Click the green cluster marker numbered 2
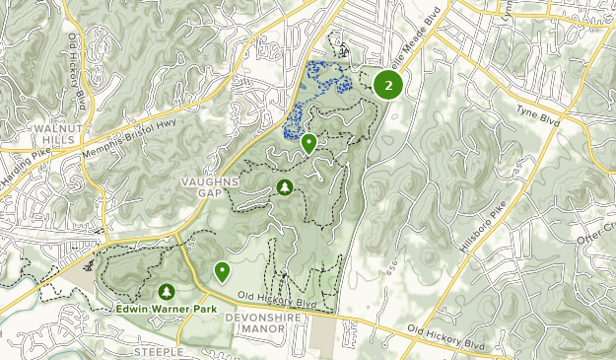point(389,85)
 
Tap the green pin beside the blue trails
point(308,143)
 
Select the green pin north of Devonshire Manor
point(222,270)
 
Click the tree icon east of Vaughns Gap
point(285,187)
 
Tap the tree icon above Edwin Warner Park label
point(166,291)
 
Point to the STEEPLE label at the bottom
point(159,351)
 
